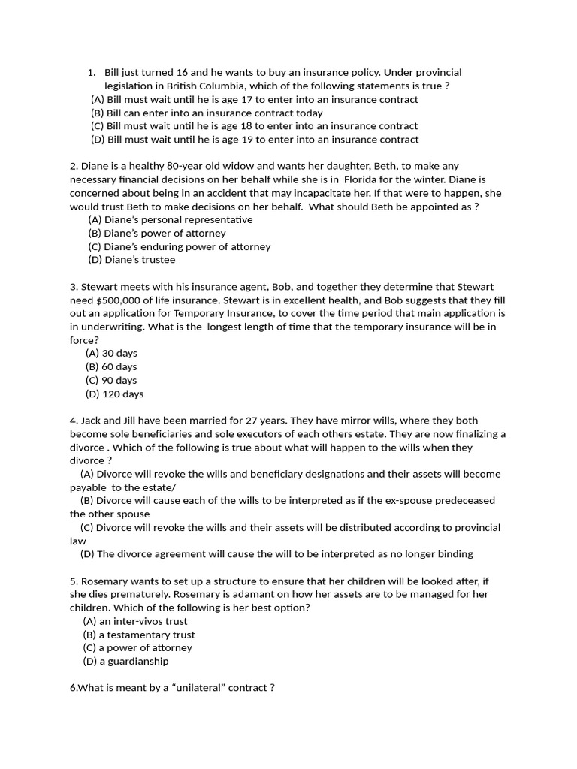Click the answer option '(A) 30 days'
(x=111, y=354)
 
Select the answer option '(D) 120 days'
(x=114, y=394)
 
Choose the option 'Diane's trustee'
(x=131, y=261)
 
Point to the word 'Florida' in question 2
(x=363, y=179)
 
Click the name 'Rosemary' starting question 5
(x=104, y=581)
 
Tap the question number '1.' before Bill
(x=91, y=72)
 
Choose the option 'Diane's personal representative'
(x=171, y=220)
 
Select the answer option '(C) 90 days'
(x=111, y=381)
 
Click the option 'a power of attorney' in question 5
(x=137, y=648)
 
